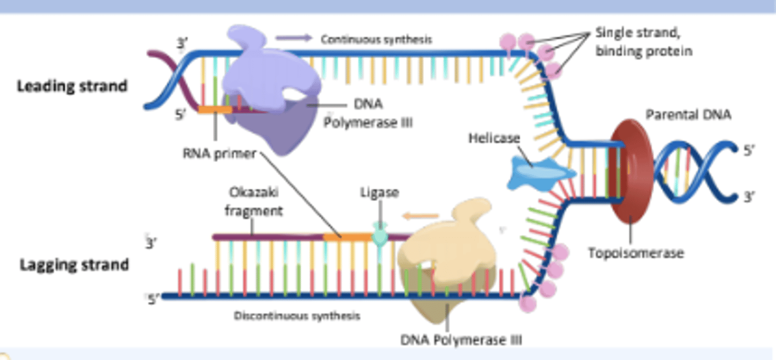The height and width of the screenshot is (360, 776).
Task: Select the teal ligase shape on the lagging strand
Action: pos(380,236)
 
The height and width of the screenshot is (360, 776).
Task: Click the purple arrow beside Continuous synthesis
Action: pos(294,38)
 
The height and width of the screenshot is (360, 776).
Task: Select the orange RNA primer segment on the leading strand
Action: pos(214,109)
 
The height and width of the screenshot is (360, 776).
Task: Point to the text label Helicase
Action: pos(494,139)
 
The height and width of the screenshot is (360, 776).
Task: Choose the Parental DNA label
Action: pos(688,115)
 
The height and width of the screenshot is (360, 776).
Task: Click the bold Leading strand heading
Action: pos(72,86)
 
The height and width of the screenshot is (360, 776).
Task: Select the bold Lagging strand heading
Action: pos(74,265)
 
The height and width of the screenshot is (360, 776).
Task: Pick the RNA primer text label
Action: pos(219,154)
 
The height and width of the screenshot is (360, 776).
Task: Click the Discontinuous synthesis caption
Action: pos(297,316)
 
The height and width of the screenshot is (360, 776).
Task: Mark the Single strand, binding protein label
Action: pos(643,42)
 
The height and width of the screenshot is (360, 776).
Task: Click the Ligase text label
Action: pos(379,192)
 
